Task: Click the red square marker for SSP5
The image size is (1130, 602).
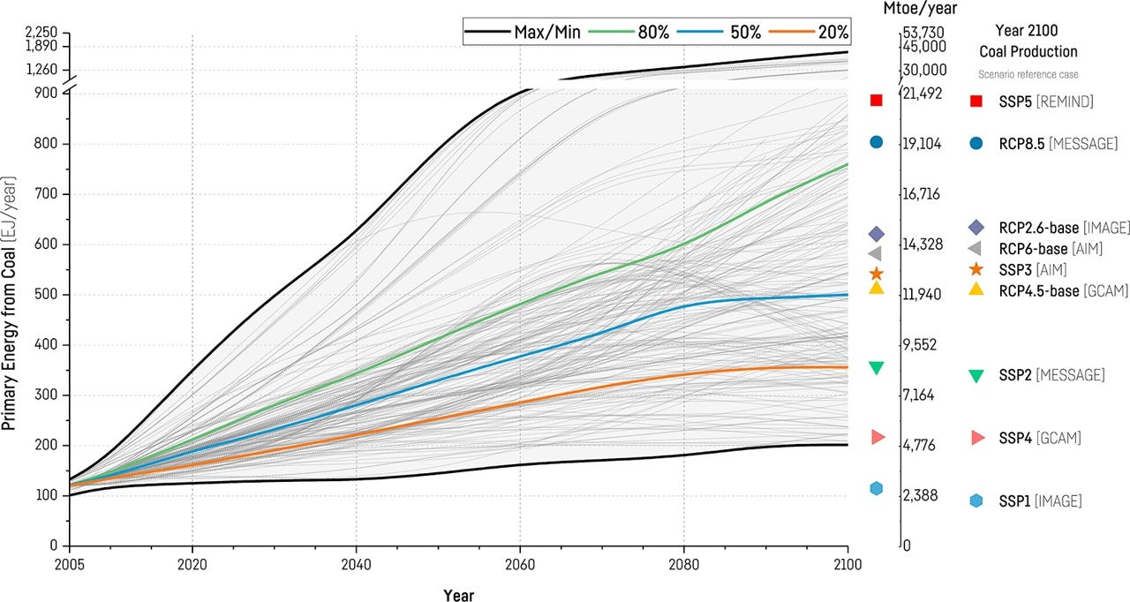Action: click(x=876, y=100)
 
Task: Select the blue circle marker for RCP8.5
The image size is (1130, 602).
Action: click(x=876, y=142)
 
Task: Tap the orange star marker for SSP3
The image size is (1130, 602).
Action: click(x=876, y=274)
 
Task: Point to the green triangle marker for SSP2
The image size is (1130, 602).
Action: click(x=876, y=367)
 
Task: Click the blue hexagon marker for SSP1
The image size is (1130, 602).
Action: click(x=876, y=488)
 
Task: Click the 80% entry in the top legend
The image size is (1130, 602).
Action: click(x=652, y=33)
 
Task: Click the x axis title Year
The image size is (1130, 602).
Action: click(x=458, y=595)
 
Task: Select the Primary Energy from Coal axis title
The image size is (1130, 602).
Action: click(x=10, y=303)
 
